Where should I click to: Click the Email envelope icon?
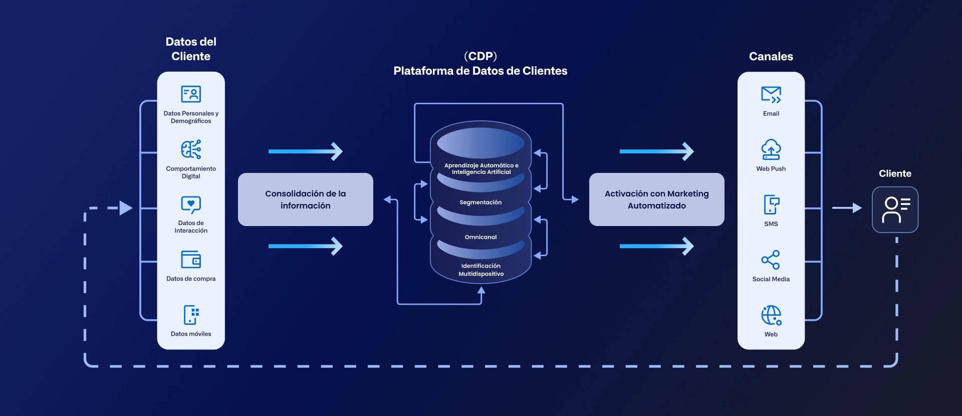pyautogui.click(x=771, y=94)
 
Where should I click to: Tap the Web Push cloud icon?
pyautogui.click(x=771, y=149)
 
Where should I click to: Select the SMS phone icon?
pyautogui.click(x=771, y=204)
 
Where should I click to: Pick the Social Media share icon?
pyautogui.click(x=771, y=260)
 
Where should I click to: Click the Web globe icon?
pyautogui.click(x=771, y=315)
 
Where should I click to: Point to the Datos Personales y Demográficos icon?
pyautogui.click(x=191, y=94)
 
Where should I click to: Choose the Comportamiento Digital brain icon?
pyautogui.click(x=191, y=149)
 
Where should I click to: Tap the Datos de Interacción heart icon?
pyautogui.click(x=191, y=204)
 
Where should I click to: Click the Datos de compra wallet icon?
pyautogui.click(x=191, y=260)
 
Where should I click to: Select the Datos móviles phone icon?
pyautogui.click(x=191, y=315)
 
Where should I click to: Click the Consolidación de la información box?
pyautogui.click(x=305, y=199)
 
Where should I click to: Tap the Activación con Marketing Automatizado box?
pyautogui.click(x=656, y=199)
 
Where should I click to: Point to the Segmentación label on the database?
pyautogui.click(x=480, y=202)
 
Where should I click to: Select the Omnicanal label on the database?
pyautogui.click(x=480, y=237)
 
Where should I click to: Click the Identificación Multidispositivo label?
pyautogui.click(x=481, y=270)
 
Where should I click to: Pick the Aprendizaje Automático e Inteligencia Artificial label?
pyautogui.click(x=481, y=169)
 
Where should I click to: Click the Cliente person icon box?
pyautogui.click(x=895, y=210)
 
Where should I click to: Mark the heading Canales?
pyautogui.click(x=771, y=57)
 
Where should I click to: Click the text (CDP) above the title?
pyautogui.click(x=480, y=56)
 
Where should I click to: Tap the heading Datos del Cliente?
pyautogui.click(x=191, y=49)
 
